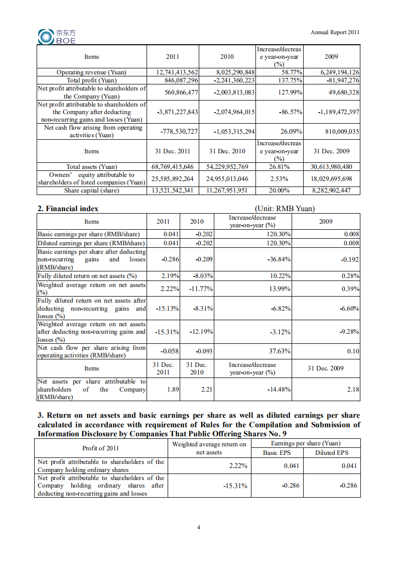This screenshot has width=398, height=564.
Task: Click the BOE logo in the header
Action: [57, 36]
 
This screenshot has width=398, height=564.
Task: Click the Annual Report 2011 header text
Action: [335, 32]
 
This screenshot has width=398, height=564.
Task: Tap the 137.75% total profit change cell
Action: [290, 80]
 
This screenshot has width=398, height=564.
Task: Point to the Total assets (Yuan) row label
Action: [91, 167]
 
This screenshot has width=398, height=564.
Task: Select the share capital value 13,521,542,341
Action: [173, 191]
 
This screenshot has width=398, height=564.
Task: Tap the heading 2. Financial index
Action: [68, 209]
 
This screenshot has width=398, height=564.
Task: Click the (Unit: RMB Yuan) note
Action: [285, 209]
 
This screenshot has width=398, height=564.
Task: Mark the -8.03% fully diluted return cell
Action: [203, 276]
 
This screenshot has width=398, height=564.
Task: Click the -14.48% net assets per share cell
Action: [279, 390]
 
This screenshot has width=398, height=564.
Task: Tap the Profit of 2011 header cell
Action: [100, 448]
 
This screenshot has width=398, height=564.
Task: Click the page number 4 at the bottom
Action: [199, 527]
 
